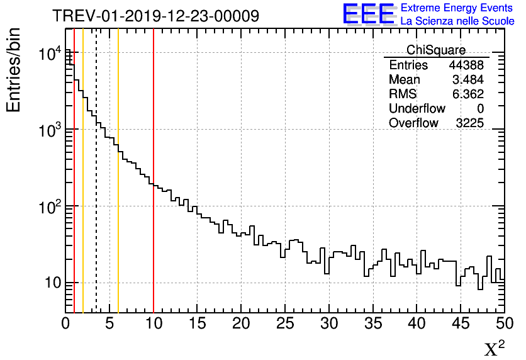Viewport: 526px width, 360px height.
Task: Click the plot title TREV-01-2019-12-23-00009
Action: [x=155, y=16]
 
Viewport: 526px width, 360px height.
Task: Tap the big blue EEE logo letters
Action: [x=368, y=14]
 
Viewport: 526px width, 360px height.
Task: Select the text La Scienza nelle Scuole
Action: [x=457, y=21]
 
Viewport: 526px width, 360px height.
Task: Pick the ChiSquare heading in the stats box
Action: [x=436, y=50]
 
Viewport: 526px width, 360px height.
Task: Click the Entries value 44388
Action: [x=466, y=65]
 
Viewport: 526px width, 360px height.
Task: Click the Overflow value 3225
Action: [x=469, y=123]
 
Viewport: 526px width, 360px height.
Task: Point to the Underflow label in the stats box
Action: [x=417, y=109]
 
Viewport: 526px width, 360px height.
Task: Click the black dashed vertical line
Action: [x=96, y=189]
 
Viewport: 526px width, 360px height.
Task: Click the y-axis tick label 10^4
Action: [x=48, y=55]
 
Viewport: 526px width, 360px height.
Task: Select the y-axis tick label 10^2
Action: [x=48, y=207]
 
